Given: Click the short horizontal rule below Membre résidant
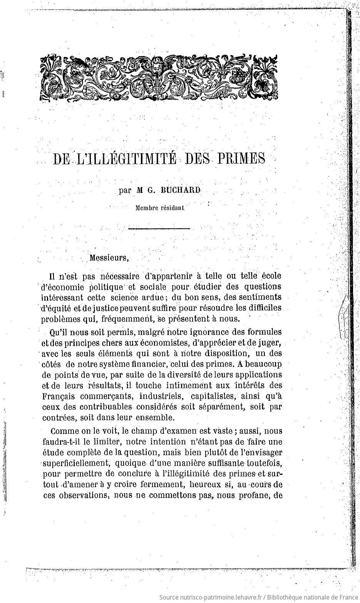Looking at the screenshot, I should [x=159, y=229].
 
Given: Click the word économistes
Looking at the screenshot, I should [x=156, y=342].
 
